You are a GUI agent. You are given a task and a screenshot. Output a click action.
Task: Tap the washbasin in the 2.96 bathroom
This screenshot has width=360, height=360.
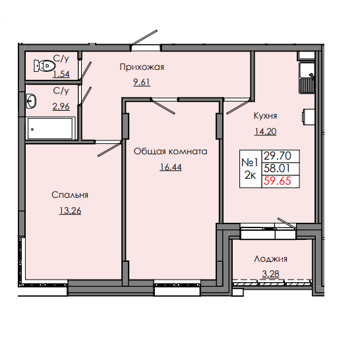tap(31, 101)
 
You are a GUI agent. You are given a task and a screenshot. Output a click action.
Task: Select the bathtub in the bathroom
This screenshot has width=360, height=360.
tap(51, 129)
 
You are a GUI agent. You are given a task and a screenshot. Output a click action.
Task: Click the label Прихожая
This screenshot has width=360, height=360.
tap(141, 67)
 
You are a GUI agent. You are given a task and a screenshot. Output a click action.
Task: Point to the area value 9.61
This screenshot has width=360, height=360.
tap(141, 83)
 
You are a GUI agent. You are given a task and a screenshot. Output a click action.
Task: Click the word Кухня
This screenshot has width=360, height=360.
tap(266, 114)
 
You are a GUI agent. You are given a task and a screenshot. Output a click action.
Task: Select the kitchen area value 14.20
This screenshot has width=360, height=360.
tap(266, 131)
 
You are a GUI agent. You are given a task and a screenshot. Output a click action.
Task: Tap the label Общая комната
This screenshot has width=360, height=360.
tap(170, 151)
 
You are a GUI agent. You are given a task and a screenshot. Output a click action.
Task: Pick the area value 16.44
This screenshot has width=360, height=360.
tap(170, 167)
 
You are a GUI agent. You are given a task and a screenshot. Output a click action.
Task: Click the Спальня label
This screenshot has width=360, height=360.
tap(70, 195)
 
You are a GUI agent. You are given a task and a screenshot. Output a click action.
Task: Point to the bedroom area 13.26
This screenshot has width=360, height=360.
tap(70, 211)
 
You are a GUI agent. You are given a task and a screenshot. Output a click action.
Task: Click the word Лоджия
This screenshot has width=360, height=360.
tap(270, 260)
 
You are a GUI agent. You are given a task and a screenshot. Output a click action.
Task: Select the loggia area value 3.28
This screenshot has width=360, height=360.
tap(270, 276)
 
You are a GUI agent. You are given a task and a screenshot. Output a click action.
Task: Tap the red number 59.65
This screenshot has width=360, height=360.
tap(280, 181)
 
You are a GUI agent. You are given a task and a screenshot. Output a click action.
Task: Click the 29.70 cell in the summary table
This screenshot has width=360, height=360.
tap(280, 156)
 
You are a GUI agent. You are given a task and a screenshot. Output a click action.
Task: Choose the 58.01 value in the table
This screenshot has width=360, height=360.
tap(280, 169)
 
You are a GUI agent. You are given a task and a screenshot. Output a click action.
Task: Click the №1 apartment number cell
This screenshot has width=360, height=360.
tap(249, 162)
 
